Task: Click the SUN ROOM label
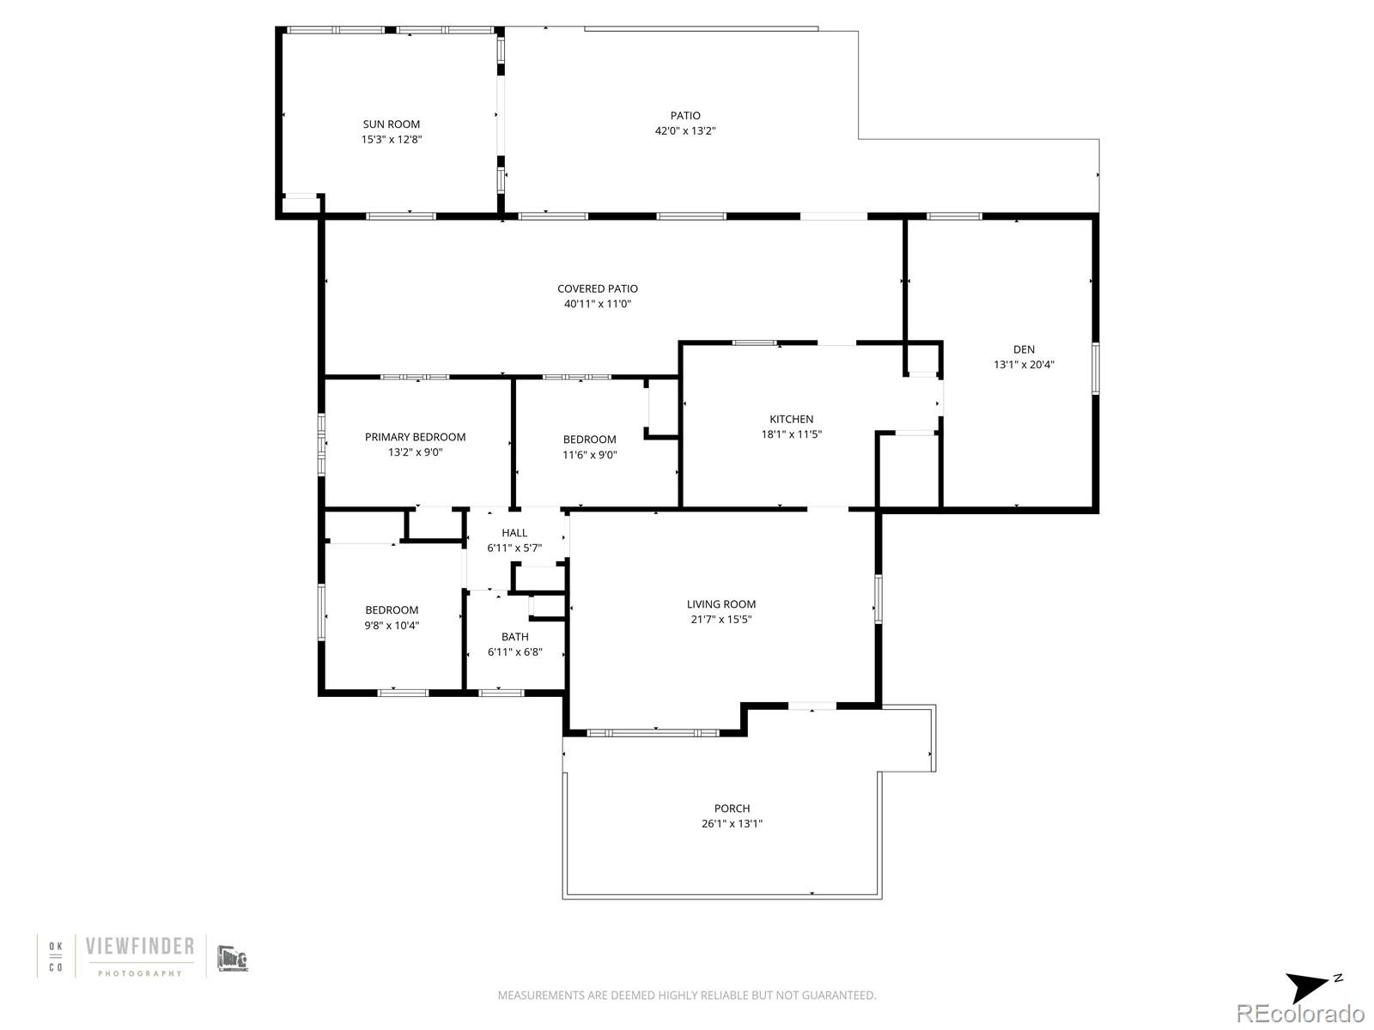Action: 391,124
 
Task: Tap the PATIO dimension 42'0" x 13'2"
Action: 684,131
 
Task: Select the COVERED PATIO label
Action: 597,289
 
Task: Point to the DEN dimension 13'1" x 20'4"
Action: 1024,365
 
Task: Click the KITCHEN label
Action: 791,420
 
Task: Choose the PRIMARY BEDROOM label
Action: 415,437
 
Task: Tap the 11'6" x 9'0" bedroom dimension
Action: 589,456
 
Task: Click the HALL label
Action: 514,533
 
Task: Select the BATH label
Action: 514,637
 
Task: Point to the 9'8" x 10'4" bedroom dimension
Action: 392,626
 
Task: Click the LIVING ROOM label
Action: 720,604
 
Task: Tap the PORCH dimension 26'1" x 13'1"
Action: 732,824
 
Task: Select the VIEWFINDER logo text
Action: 139,947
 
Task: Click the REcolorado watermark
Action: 1299,1013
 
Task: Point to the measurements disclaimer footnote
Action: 687,996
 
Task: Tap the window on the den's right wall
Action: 1095,368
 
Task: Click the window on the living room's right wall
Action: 878,598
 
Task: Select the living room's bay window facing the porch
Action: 653,733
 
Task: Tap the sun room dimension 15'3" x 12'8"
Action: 391,139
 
